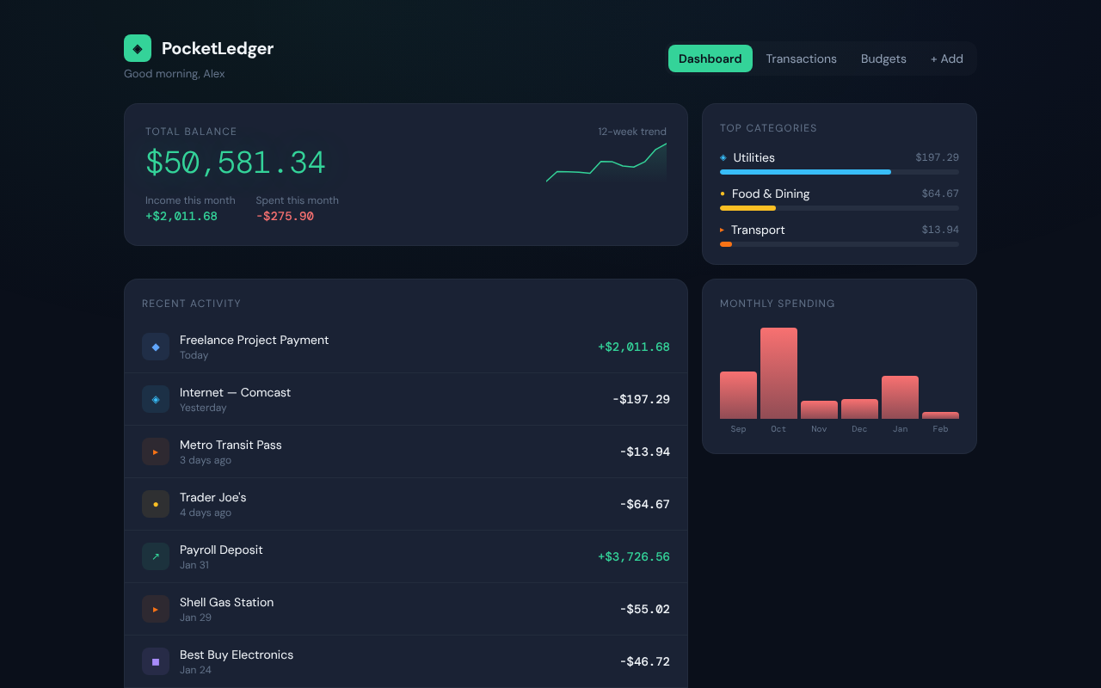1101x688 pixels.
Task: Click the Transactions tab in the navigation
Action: pos(801,58)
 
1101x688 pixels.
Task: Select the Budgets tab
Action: pos(883,58)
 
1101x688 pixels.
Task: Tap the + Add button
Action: pos(946,58)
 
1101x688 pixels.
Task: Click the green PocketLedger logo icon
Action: pos(138,48)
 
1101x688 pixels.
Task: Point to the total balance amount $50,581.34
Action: pos(235,163)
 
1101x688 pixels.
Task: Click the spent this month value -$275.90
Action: pos(285,216)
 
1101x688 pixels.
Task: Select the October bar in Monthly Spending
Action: pos(778,373)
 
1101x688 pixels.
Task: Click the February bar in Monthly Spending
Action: pos(940,415)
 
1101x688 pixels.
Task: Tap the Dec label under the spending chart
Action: pos(859,429)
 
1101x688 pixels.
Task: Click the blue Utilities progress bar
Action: pos(805,172)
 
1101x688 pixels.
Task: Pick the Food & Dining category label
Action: pos(770,193)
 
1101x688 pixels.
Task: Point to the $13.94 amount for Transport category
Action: pos(939,230)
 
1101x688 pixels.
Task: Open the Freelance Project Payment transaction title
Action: pos(254,340)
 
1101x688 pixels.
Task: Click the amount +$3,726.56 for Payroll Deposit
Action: pos(633,556)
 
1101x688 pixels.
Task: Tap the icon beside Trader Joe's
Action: pos(156,504)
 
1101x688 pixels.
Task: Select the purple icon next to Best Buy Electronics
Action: pos(156,661)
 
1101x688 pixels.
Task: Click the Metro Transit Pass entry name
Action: pos(231,445)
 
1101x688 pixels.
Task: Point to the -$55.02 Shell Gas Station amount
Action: pos(644,609)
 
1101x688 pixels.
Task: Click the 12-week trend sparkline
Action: pos(606,163)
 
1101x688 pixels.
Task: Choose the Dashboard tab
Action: pos(710,58)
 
